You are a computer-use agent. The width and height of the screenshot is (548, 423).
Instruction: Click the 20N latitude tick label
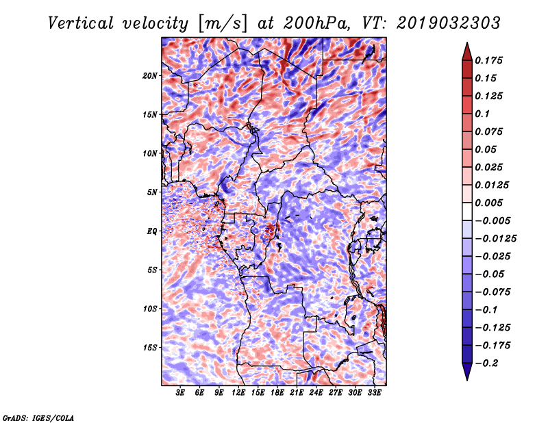[x=149, y=76]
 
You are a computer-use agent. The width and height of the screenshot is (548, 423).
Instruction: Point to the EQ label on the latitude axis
[x=151, y=231]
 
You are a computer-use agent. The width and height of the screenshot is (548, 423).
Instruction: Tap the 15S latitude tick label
[x=149, y=348]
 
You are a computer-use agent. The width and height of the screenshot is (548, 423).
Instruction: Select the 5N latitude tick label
[x=151, y=192]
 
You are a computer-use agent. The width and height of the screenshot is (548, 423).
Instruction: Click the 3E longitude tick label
[x=180, y=393]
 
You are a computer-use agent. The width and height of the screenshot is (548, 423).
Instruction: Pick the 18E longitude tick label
[x=277, y=393]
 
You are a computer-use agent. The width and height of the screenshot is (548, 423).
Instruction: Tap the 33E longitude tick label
[x=374, y=393]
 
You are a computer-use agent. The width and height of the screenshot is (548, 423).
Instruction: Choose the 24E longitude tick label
[x=316, y=393]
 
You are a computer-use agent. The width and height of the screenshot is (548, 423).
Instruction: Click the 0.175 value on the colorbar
[x=488, y=60]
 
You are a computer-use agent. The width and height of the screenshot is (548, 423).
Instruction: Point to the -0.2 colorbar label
[x=486, y=363]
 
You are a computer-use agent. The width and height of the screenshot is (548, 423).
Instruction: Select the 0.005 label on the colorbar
[x=488, y=203]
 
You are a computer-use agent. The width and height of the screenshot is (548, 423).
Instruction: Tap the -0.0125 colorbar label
[x=495, y=239]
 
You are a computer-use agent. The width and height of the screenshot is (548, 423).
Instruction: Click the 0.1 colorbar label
[x=482, y=114]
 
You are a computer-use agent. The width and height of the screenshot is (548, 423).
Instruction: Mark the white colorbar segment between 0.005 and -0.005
[x=467, y=211]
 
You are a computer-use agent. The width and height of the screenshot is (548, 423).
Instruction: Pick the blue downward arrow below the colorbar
[x=467, y=371]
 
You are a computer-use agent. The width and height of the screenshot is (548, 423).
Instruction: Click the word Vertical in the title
[x=81, y=23]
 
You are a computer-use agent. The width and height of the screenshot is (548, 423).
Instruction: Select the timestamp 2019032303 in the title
[x=449, y=23]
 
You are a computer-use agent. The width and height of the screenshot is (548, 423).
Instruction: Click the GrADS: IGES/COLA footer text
[x=38, y=418]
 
